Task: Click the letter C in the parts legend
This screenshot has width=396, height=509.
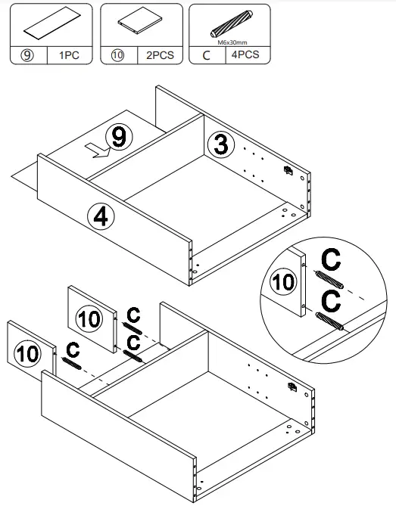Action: pos(206,55)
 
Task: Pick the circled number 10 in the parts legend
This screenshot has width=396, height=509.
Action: pos(117,55)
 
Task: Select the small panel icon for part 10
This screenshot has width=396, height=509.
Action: pos(141,24)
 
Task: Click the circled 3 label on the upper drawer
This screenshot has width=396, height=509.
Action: pos(220,144)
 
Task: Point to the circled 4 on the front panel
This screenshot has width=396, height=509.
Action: pos(100,216)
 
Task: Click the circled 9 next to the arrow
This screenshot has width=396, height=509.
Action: pos(117,137)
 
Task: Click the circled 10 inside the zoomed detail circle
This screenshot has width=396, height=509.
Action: pos(282,284)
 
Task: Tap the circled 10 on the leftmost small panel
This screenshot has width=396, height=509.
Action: pos(28,353)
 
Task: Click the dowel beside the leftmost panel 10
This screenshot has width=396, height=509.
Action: pos(72,363)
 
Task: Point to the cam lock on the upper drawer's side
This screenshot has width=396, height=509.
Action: pos(288,171)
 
